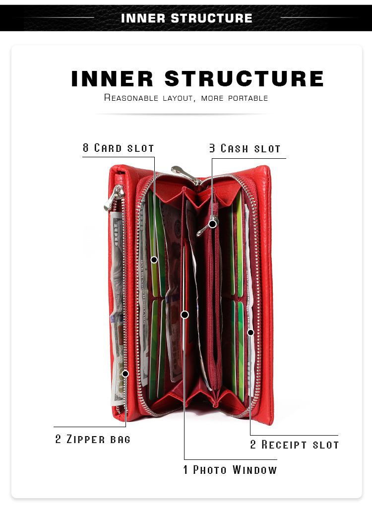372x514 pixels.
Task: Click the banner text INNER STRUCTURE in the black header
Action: tap(186, 18)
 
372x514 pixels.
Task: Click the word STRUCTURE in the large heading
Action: tap(244, 79)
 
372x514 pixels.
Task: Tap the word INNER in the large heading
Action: tap(112, 79)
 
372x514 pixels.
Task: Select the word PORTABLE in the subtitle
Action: tap(248, 98)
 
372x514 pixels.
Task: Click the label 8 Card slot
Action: tap(119, 148)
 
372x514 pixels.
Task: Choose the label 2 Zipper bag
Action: tap(93, 439)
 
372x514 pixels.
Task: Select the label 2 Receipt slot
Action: tap(294, 445)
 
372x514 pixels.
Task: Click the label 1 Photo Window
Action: tap(230, 469)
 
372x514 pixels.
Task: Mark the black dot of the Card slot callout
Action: tap(154, 259)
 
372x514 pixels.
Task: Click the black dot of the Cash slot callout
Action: tap(212, 224)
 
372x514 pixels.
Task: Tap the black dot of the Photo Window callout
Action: tap(185, 315)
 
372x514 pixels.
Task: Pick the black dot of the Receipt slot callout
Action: tap(250, 332)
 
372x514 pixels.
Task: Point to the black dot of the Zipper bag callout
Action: tap(125, 373)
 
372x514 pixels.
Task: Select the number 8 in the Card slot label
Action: tap(86, 148)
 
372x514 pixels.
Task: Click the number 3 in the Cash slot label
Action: tap(212, 148)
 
